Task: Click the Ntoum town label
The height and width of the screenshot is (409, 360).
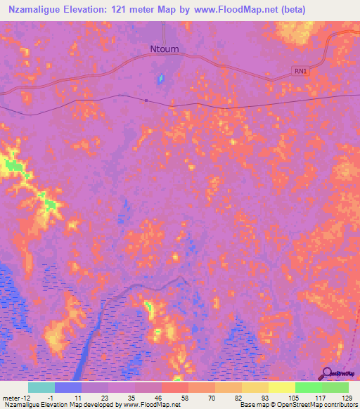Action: click(x=164, y=49)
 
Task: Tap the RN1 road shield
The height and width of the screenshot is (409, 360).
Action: click(x=301, y=71)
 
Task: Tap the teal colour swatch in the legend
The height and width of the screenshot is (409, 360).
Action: click(x=41, y=387)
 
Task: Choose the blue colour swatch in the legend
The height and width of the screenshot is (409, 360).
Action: click(x=68, y=387)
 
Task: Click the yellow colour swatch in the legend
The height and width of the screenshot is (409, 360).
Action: click(x=282, y=387)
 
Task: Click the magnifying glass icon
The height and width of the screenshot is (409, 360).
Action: click(x=326, y=375)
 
